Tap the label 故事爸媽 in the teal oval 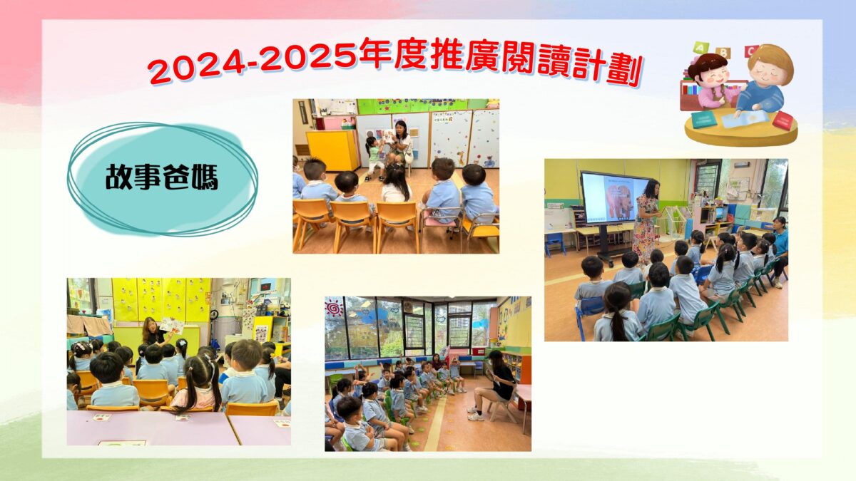pyautogui.click(x=162, y=177)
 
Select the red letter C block pyautogui.click(x=751, y=51)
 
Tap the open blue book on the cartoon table pyautogui.click(x=745, y=119)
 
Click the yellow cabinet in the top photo pyautogui.click(x=332, y=150)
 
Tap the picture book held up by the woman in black pyautogui.click(x=172, y=325)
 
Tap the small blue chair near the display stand pyautogui.click(x=555, y=244)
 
